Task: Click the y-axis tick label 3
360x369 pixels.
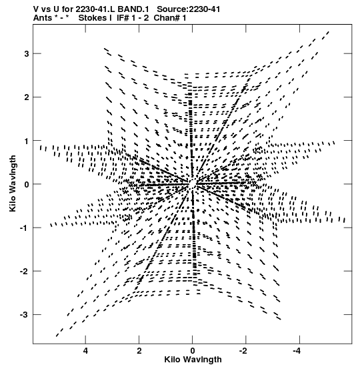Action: pyautogui.click(x=27, y=54)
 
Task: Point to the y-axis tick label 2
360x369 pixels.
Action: pyautogui.click(x=27, y=97)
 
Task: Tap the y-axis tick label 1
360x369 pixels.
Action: pyautogui.click(x=27, y=141)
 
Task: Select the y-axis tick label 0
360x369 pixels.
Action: pyautogui.click(x=27, y=184)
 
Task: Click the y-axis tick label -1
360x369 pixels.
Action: pyautogui.click(x=25, y=228)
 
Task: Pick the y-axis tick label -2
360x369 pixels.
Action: pyautogui.click(x=25, y=272)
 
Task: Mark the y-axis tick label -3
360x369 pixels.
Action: pyautogui.click(x=25, y=315)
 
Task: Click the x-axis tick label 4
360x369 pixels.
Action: pyautogui.click(x=85, y=351)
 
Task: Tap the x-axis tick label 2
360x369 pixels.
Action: pyautogui.click(x=139, y=351)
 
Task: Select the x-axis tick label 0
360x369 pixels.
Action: pyautogui.click(x=193, y=351)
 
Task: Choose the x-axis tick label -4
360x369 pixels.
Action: pyautogui.click(x=298, y=351)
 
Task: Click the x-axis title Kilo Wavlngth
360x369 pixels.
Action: pyautogui.click(x=193, y=360)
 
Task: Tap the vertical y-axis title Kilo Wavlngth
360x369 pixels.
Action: pyautogui.click(x=12, y=183)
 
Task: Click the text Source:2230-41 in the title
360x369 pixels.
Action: pyautogui.click(x=189, y=9)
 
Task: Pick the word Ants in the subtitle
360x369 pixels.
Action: pyautogui.click(x=43, y=18)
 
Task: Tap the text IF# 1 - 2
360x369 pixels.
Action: pyautogui.click(x=133, y=18)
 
